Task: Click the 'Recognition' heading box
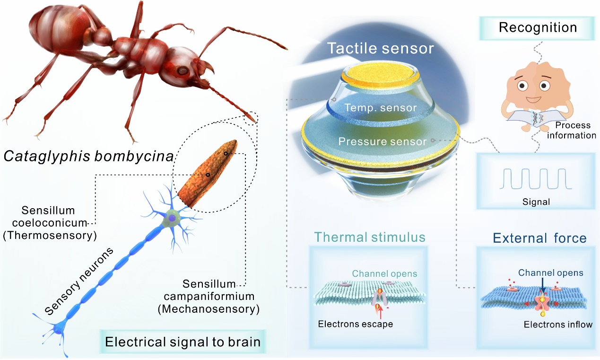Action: pyautogui.click(x=538, y=27)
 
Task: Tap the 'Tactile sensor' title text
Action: pyautogui.click(x=381, y=48)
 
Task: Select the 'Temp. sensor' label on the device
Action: pyautogui.click(x=381, y=108)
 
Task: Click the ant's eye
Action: pyautogui.click(x=182, y=70)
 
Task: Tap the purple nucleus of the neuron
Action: pyautogui.click(x=173, y=218)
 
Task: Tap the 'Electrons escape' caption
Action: pyautogui.click(x=356, y=324)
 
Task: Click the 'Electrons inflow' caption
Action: pyautogui.click(x=557, y=325)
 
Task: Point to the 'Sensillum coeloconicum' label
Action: pyautogui.click(x=47, y=216)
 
